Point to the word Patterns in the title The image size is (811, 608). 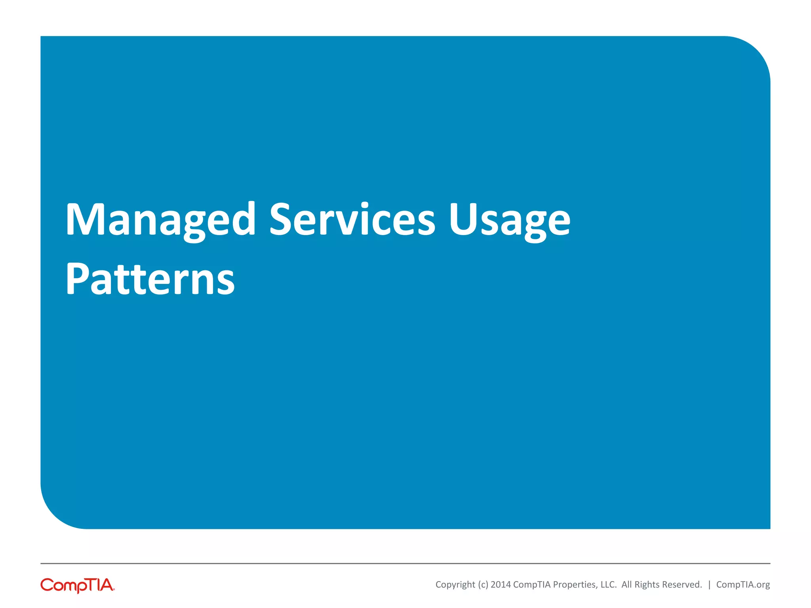(150, 279)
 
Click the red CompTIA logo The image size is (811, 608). (78, 585)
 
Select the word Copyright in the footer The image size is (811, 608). (455, 585)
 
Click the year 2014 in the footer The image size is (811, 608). (501, 585)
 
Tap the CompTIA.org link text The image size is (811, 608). (743, 585)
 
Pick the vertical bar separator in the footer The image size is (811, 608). (709, 585)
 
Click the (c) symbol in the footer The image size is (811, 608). (483, 585)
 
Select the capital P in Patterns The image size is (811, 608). (76, 279)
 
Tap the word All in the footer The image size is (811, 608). (627, 585)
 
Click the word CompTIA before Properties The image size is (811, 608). (532, 585)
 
